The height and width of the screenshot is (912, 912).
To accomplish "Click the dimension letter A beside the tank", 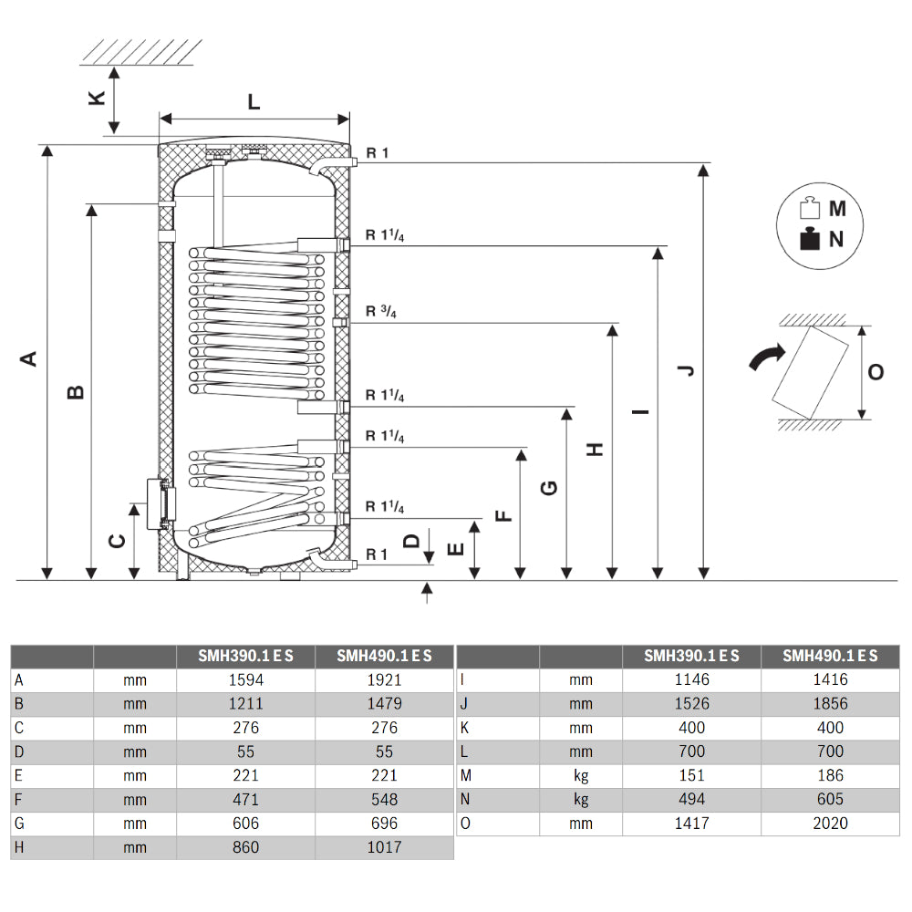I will coord(30,358).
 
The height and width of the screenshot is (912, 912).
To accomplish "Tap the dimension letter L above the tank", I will coord(254,101).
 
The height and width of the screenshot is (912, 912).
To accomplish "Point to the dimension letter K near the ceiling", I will coord(97,98).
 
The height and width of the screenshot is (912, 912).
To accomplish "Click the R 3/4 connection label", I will coord(382,312).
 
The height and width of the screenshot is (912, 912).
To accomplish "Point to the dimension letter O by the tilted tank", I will coord(876,372).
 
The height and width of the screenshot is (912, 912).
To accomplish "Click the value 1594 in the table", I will coord(245,680).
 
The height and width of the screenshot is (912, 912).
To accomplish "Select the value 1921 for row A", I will coord(384,680).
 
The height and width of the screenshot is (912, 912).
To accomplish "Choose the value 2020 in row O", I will coord(829,824).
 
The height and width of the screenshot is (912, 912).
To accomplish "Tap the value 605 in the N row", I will coord(829,800).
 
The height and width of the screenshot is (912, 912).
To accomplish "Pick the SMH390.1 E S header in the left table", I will coord(245,657).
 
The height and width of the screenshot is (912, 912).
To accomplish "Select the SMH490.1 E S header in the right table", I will coord(829,657).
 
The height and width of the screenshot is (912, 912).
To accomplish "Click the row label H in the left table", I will coord(19,847).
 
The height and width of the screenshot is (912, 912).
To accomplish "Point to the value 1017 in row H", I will coord(384,847).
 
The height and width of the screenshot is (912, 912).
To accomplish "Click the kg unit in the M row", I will coord(580,776).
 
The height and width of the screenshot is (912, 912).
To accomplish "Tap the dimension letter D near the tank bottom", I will coord(412,541).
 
